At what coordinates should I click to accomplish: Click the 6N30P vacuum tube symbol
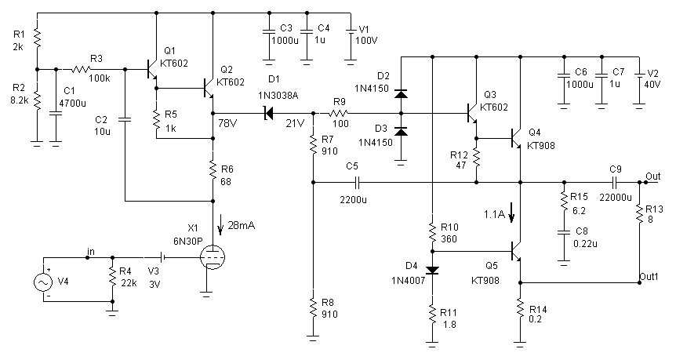pos(213,258)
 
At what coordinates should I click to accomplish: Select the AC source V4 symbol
pos(44,282)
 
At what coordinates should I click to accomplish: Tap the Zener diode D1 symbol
pos(268,114)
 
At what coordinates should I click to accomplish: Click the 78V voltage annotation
pos(227,123)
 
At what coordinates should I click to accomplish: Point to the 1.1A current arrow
pos(511,213)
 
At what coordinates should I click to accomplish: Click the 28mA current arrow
pos(220,225)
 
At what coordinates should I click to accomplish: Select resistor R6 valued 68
pos(213,170)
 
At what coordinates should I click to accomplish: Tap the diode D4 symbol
pos(432,271)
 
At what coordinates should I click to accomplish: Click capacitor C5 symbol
pos(357,183)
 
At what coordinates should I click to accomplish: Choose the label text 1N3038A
pos(278,96)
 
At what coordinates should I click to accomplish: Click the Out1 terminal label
pos(649,276)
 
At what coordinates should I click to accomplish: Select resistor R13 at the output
pos(639,213)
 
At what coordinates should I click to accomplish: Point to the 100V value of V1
pos(366,41)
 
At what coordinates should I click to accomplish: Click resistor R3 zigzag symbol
pos(81,69)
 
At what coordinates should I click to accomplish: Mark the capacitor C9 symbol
pos(615,183)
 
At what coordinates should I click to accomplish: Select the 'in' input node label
pos(91,251)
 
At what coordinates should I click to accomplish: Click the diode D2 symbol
pos(402,94)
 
